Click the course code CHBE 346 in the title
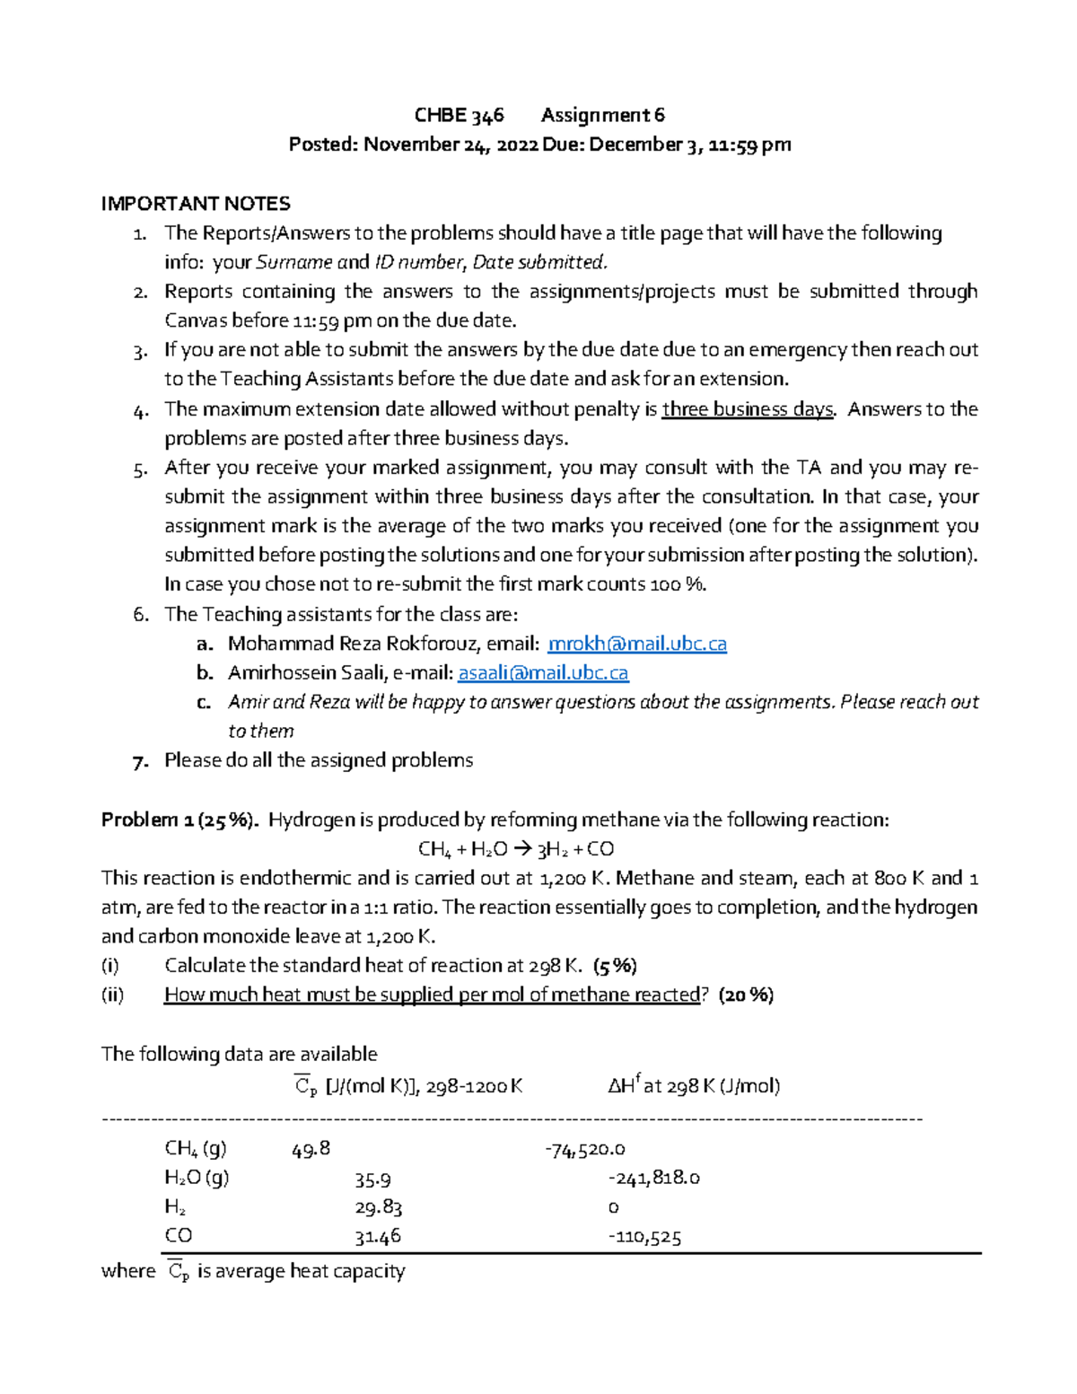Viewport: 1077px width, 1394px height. point(459,115)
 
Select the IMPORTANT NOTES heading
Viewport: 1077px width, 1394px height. point(196,204)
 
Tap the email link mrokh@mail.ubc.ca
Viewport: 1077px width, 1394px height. point(636,644)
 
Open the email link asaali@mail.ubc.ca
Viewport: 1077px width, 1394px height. point(543,673)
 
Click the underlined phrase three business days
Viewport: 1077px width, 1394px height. point(748,409)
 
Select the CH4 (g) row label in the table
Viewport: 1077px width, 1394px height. point(196,1148)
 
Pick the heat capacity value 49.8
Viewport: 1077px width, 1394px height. point(311,1149)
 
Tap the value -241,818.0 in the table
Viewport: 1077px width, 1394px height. point(653,1178)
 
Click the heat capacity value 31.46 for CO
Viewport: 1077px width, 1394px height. point(377,1237)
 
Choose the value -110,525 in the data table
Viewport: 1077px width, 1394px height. point(644,1237)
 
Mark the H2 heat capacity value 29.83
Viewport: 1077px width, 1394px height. point(378,1207)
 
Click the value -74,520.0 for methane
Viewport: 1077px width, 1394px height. point(584,1149)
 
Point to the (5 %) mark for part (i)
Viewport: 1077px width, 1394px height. point(615,966)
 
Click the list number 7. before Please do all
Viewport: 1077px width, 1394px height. point(139,761)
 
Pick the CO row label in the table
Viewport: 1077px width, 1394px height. point(178,1236)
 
